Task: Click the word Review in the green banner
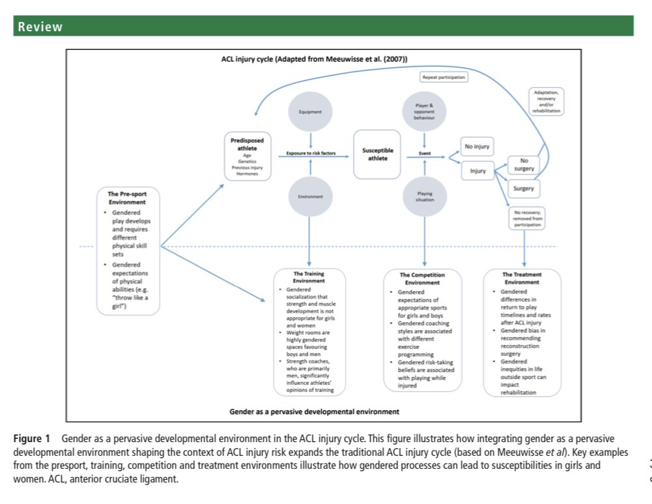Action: click(40, 27)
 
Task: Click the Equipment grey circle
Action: click(311, 111)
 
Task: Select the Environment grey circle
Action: click(311, 196)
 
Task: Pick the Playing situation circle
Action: click(424, 196)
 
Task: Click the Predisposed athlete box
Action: click(248, 154)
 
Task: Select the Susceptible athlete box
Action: click(378, 154)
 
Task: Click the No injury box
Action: click(477, 147)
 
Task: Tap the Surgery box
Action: click(523, 189)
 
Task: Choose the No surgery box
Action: click(523, 164)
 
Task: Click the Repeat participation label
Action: click(444, 77)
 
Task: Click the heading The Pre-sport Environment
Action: click(127, 198)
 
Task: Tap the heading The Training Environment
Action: click(310, 278)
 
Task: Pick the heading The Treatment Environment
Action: click(523, 278)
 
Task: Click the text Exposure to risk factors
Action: click(311, 154)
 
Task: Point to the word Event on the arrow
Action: click(425, 154)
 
